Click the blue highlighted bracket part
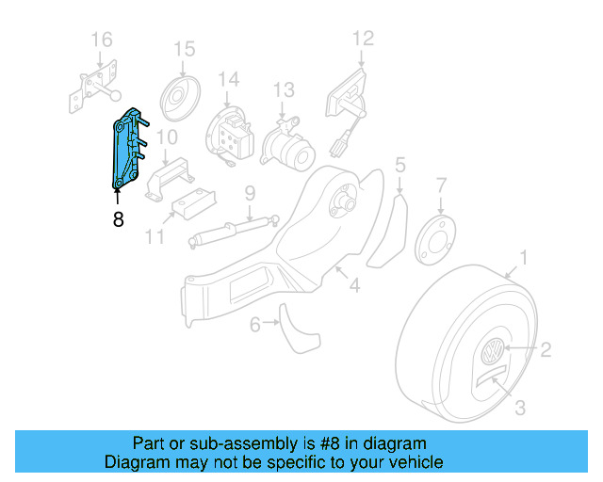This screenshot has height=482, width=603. coord(127,150)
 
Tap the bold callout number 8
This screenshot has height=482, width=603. coord(117,220)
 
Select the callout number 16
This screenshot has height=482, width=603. coord(101,40)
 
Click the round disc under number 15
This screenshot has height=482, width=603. coord(177,96)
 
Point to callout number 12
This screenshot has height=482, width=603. coord(363,39)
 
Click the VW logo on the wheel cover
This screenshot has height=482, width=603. coord(491,355)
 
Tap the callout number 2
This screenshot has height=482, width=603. coord(545,350)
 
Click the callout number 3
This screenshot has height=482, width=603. coord(519,408)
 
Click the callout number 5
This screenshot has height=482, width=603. coord(400,167)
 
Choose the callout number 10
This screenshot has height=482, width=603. coord(166,137)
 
